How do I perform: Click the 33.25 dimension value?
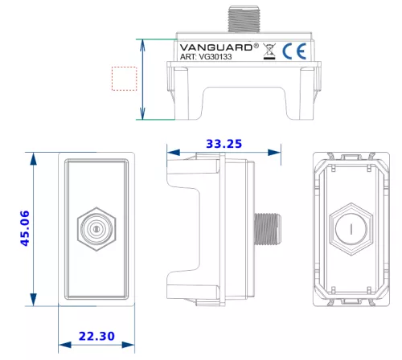click(x=224, y=144)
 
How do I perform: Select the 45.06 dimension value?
click(x=25, y=228)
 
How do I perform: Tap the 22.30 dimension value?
click(x=96, y=336)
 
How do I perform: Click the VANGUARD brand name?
click(x=216, y=47)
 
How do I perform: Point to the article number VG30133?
click(x=215, y=57)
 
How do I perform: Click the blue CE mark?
click(x=294, y=51)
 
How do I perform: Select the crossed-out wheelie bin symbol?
click(x=269, y=51)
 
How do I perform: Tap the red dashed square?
click(x=125, y=79)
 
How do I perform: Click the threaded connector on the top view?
click(x=244, y=19)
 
